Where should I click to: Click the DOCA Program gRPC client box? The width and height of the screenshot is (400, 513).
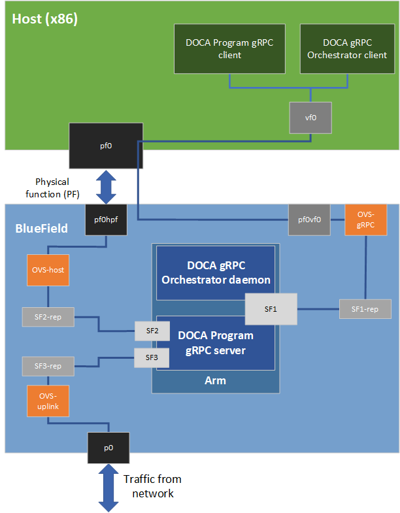pos(229,49)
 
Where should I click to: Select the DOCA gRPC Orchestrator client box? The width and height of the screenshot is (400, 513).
pos(347,49)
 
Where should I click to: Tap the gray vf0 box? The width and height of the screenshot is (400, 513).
pos(310,118)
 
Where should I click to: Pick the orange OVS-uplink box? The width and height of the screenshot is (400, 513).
pos(48,400)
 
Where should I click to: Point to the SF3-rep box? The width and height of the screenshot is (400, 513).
pos(48,366)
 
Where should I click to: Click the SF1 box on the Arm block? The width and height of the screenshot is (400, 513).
pos(271,308)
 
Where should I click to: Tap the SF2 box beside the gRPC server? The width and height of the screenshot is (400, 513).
pos(152,331)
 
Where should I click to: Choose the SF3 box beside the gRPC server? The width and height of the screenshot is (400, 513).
pos(152,357)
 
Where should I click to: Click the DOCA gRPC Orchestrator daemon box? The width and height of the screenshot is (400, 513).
pos(215,273)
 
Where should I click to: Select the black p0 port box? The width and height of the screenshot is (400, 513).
pos(108,448)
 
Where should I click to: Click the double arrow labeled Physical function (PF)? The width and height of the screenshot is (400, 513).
pos(106,187)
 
